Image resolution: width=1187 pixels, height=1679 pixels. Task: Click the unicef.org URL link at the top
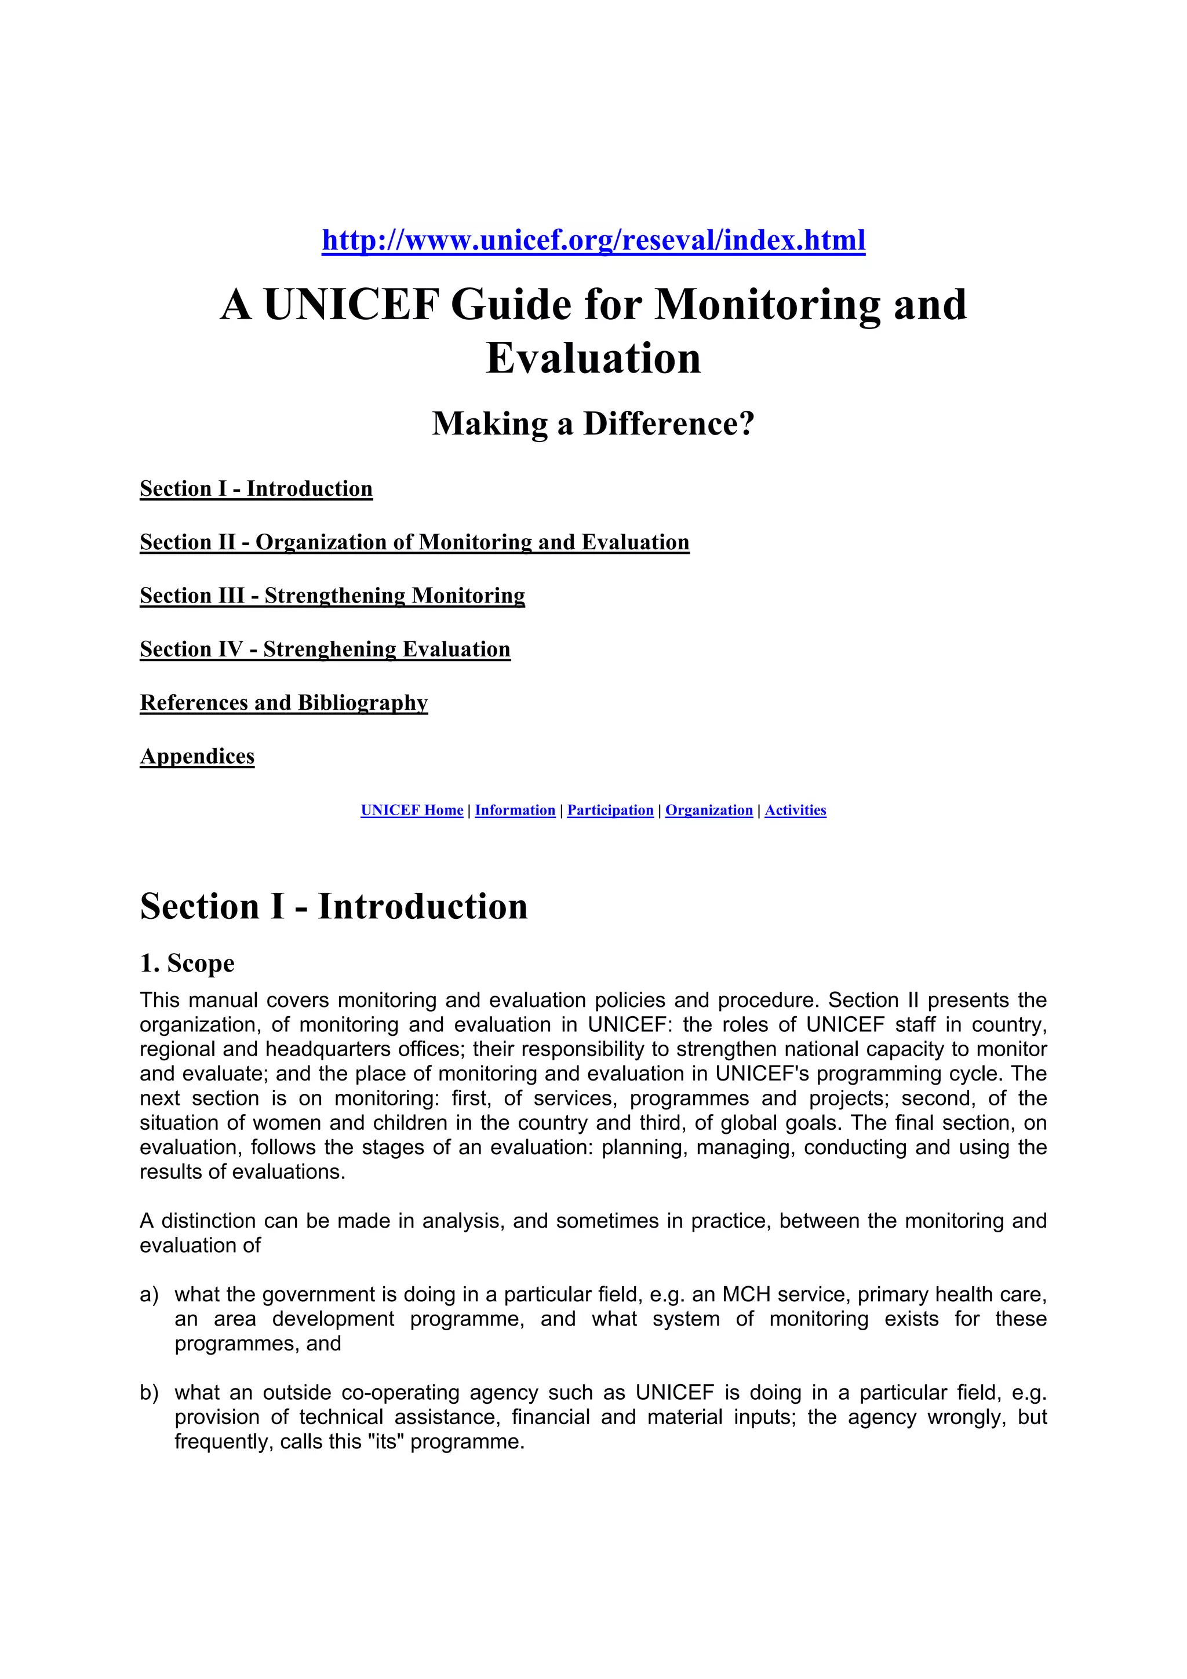tap(593, 240)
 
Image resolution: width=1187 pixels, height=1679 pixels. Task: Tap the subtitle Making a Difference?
tap(593, 424)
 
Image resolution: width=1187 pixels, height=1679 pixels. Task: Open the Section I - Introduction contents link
tap(256, 488)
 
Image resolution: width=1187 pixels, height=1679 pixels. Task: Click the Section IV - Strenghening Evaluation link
tap(325, 649)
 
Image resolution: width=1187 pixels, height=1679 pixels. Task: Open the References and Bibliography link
tap(284, 702)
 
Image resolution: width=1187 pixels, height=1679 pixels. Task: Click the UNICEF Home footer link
tap(412, 811)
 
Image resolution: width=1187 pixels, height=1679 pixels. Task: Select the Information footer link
tap(515, 811)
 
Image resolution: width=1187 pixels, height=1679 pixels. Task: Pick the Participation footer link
tap(610, 811)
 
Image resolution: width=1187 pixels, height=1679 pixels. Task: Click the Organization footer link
tap(709, 811)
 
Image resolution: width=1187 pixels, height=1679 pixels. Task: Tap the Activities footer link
tap(795, 811)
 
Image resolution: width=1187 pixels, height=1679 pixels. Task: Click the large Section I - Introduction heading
tap(333, 906)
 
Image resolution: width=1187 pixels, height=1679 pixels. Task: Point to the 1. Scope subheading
tap(187, 963)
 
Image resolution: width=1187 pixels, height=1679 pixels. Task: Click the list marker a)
tap(148, 1294)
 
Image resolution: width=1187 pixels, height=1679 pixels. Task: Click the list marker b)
tap(148, 1392)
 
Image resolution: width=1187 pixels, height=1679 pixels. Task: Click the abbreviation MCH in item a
tap(746, 1294)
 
